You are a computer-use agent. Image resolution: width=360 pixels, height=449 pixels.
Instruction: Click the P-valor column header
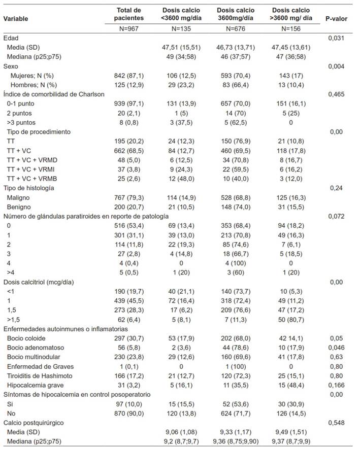point(336,18)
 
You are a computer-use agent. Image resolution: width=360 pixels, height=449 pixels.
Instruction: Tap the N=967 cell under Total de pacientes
point(128,29)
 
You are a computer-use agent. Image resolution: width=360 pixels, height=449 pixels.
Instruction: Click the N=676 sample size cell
point(235,29)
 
